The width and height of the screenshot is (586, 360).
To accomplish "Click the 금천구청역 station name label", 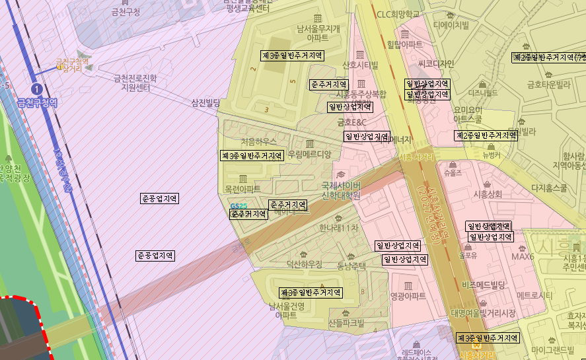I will click(x=37, y=102).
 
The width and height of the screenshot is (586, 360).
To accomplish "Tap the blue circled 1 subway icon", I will click(x=37, y=88).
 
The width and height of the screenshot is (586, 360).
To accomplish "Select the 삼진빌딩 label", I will click(x=205, y=102).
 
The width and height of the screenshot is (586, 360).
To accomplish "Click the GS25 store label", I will click(x=238, y=207).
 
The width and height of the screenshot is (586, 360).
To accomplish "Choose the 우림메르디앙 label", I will click(x=309, y=153).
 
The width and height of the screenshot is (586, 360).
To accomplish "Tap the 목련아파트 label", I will click(x=243, y=189).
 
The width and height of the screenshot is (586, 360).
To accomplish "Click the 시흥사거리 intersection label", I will click(x=417, y=158).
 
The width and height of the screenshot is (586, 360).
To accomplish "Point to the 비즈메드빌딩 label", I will click(x=483, y=285).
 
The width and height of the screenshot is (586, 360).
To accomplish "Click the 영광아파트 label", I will click(x=408, y=297).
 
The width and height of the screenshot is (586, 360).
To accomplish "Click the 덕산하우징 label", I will click(x=304, y=264).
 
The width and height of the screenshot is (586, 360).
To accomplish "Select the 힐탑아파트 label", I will click(x=404, y=44).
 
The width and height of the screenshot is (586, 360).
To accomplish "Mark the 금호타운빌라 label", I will click(x=548, y=84).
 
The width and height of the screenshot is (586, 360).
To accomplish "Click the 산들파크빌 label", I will click(x=346, y=323).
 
